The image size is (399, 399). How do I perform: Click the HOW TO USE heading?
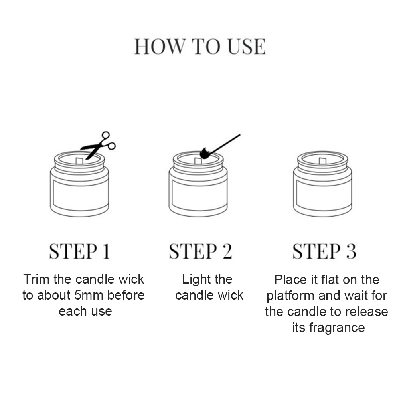199,47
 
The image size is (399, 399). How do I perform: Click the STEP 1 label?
79,251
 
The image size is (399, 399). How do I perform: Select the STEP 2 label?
200,251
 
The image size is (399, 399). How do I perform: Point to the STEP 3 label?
324,251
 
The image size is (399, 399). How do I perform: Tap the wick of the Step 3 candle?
322,161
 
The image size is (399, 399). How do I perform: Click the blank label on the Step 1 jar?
79,194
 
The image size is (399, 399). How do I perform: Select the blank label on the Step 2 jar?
198,194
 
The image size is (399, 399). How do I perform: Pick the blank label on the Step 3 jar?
322,194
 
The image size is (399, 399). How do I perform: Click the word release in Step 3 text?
367,311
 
